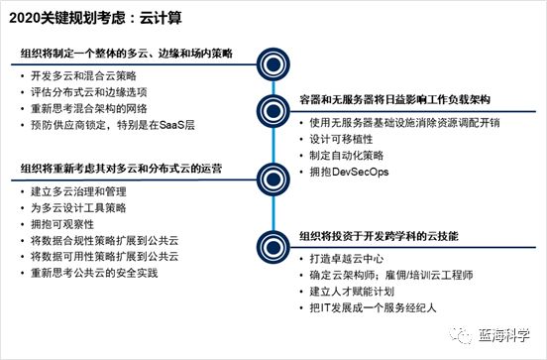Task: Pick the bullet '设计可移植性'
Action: click(333, 140)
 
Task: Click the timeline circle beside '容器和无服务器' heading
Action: click(267, 107)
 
